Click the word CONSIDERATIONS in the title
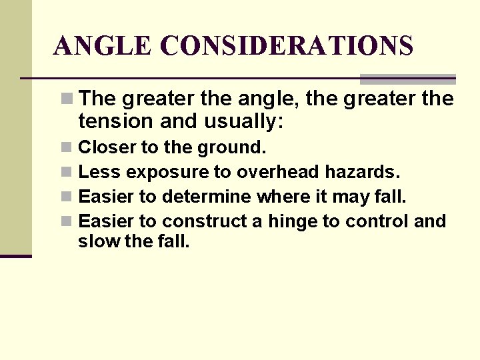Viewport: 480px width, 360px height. [287, 47]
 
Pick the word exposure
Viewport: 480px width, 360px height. [167, 173]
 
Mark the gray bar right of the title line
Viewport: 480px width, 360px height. [407, 79]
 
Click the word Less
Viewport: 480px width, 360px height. [99, 172]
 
